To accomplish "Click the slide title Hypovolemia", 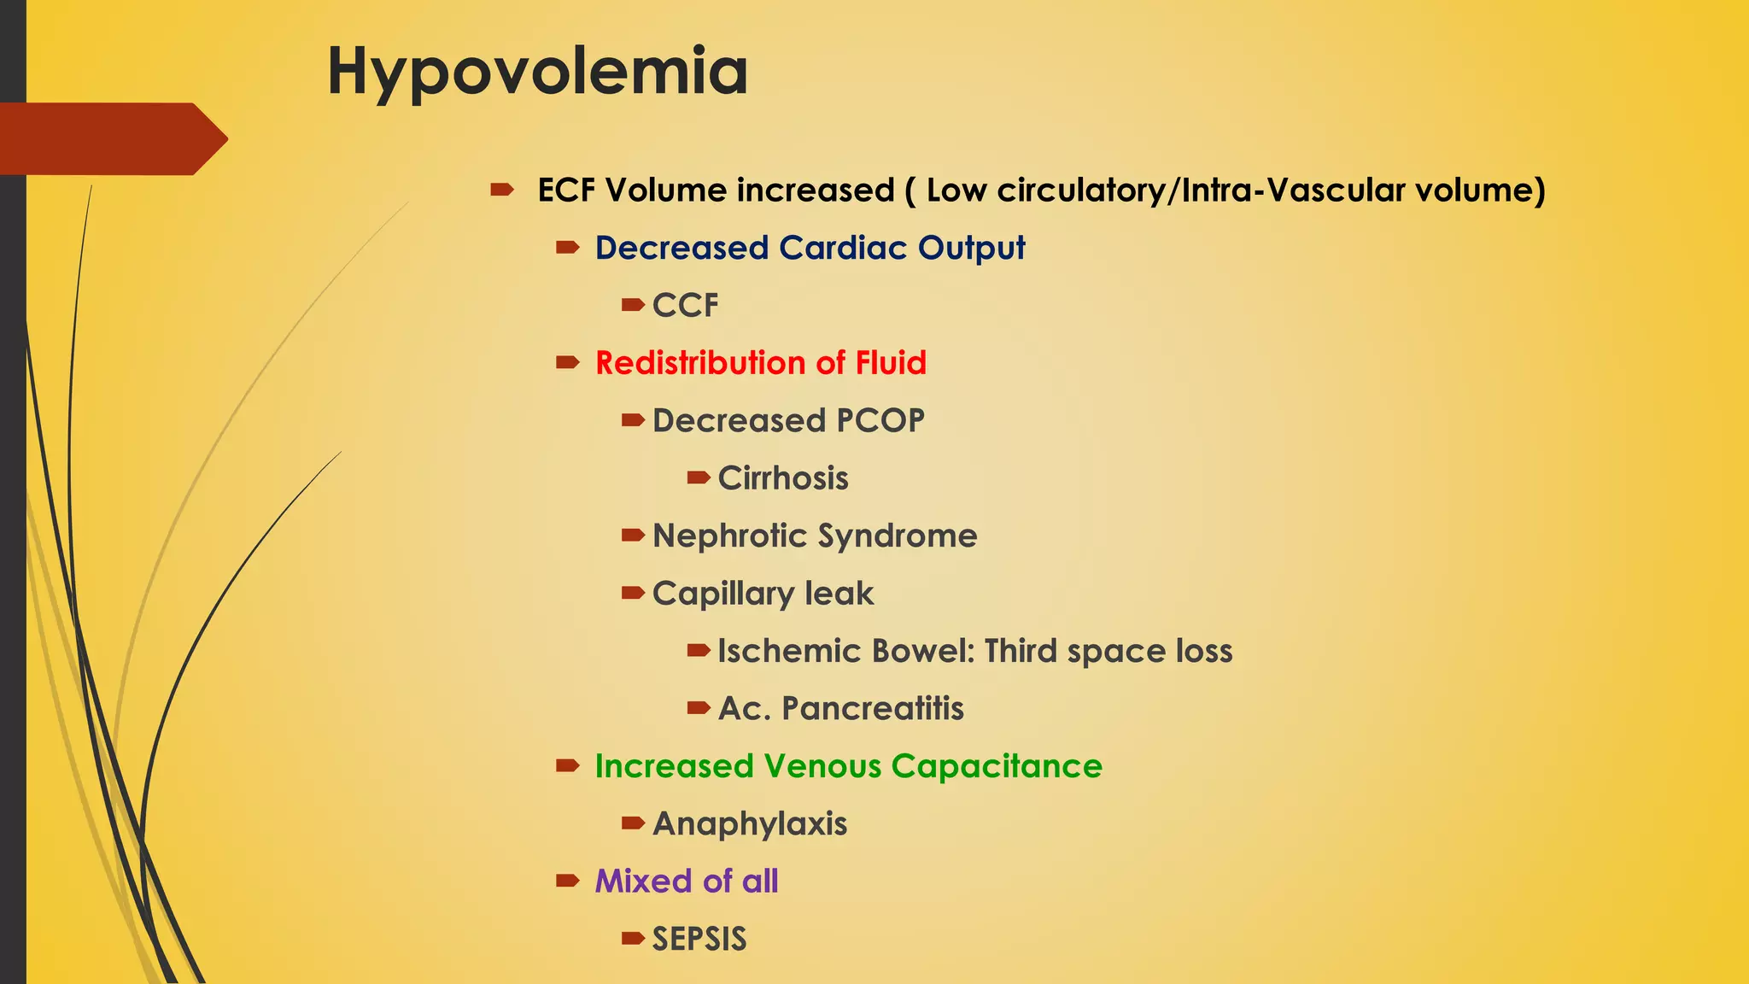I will pos(537,72).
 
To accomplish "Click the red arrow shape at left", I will pos(111,138).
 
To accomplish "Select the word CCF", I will pos(685,306).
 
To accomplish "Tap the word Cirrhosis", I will pos(783,478).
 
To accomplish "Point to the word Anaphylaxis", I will pos(750,824).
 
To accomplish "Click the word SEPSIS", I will pos(699,940).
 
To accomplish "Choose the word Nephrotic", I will pos(730,536).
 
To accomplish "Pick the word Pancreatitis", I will pos(872,709).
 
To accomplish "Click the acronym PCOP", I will pos(880,421).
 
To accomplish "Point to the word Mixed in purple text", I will pos(643,881).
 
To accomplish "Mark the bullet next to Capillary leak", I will pos(633,593).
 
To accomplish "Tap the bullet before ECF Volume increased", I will pos(501,190).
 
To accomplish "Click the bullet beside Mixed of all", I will pos(567,881).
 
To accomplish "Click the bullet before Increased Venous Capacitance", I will pos(567,765).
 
